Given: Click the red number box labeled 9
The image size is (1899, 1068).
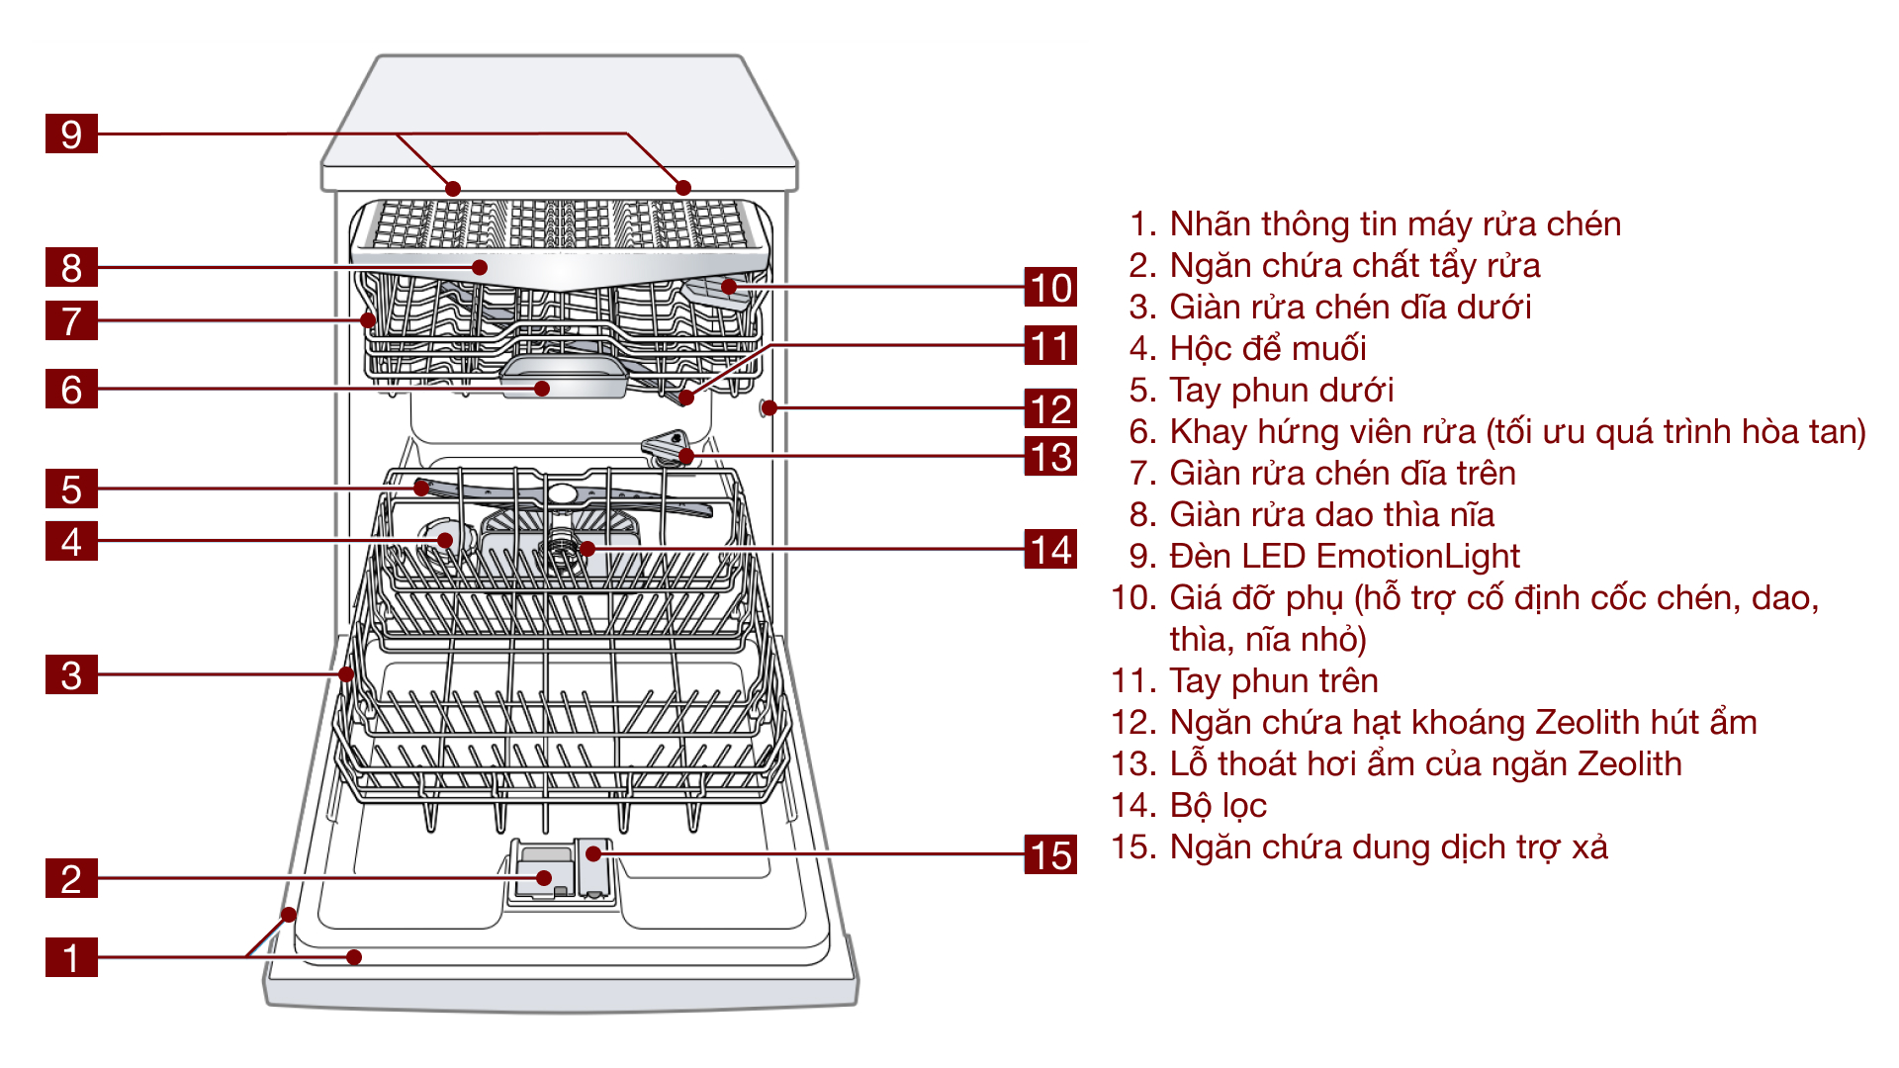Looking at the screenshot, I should click(71, 133).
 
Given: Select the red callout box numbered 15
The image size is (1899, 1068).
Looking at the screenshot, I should click(1050, 854).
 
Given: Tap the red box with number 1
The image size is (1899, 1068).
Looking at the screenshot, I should click(71, 957).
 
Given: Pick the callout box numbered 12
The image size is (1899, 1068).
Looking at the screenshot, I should click(1050, 408).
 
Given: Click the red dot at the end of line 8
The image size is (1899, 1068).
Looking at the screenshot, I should click(480, 267).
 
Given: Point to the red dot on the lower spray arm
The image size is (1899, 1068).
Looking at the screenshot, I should click(422, 488).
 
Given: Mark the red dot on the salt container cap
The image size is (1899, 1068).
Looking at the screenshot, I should click(445, 540).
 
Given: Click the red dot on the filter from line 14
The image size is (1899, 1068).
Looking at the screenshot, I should click(587, 548).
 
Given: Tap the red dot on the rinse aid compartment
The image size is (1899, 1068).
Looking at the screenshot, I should click(593, 853).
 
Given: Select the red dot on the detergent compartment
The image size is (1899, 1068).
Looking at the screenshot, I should click(544, 878).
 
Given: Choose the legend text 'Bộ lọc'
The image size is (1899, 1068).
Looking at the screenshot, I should click(1218, 805).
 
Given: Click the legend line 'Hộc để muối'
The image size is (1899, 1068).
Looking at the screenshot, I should click(1267, 348).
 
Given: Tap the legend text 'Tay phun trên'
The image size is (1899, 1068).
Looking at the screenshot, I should click(1273, 680).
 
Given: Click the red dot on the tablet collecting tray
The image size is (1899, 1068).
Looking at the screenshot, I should click(542, 389).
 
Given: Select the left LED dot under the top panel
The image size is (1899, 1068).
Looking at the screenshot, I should click(453, 188).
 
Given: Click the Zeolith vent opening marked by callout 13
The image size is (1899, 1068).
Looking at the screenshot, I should click(685, 456).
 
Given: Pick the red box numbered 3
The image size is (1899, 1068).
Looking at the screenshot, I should click(71, 674).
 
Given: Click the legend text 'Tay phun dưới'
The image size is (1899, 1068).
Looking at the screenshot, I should click(1281, 390).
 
